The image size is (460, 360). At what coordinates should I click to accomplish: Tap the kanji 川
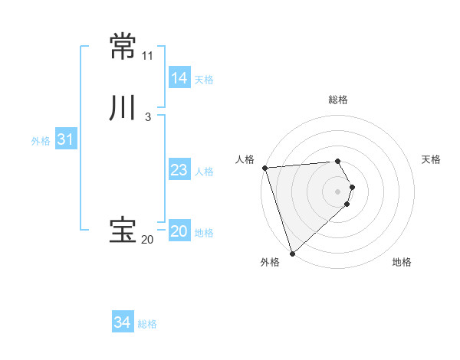123,108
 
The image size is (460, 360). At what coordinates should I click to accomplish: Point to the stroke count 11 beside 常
147,56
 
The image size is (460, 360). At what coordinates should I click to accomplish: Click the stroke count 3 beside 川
147,117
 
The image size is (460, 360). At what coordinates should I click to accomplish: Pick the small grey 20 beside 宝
147,240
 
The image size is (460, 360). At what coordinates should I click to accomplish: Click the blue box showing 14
179,78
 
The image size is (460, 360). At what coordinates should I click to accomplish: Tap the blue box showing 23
179,170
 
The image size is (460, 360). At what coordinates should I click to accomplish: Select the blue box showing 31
65,139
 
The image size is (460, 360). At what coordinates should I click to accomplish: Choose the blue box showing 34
122,323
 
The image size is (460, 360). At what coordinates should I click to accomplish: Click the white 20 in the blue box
179,231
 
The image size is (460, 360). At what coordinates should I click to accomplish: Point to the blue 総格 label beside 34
147,324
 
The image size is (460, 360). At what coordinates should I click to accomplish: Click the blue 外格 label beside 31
41,140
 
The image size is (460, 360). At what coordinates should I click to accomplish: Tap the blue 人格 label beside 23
205,172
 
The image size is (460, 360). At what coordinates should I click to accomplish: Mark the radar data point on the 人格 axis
264,168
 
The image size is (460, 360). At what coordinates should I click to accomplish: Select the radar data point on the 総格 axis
337,161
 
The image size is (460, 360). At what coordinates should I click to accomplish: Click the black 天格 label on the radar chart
432,159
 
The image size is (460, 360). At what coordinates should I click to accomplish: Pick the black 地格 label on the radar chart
402,262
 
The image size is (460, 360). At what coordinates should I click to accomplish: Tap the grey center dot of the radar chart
337,191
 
